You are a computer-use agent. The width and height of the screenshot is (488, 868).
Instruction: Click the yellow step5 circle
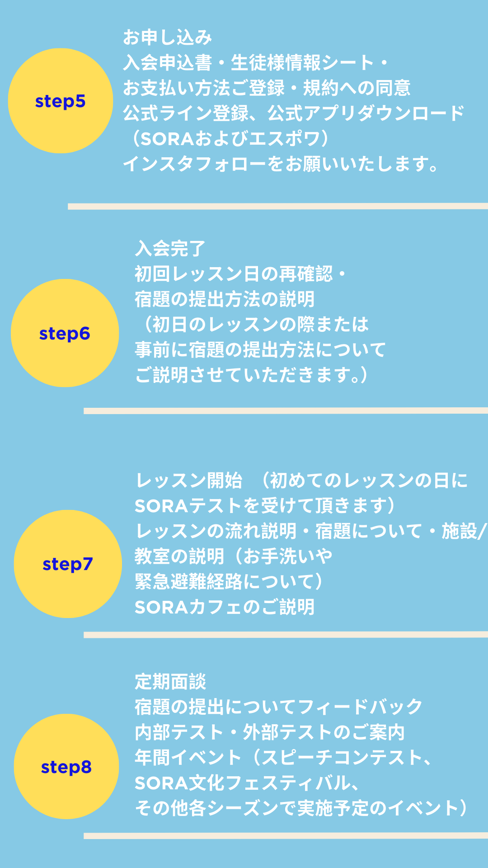(x=61, y=101)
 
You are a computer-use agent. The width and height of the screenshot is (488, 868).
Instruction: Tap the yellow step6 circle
(x=65, y=333)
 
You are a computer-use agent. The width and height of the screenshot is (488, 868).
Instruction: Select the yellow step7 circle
(x=68, y=564)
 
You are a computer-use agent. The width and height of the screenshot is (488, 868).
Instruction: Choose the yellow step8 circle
(x=66, y=767)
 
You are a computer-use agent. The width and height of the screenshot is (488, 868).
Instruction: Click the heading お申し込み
(x=167, y=38)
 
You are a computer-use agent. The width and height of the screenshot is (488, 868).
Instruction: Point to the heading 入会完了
(x=170, y=248)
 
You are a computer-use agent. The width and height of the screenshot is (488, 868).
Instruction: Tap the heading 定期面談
(x=170, y=681)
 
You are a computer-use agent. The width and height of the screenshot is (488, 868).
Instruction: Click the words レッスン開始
(x=189, y=481)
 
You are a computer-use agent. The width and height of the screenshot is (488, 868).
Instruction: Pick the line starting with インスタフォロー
(x=280, y=164)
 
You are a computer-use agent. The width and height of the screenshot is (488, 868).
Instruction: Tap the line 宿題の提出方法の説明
(x=225, y=299)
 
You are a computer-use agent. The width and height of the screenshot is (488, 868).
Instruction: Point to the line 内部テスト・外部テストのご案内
(x=270, y=732)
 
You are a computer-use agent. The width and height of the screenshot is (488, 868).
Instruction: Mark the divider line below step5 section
(x=278, y=206)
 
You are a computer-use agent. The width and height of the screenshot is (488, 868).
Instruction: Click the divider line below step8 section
(x=286, y=836)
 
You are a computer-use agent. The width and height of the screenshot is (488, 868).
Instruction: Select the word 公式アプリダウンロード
(x=366, y=113)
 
